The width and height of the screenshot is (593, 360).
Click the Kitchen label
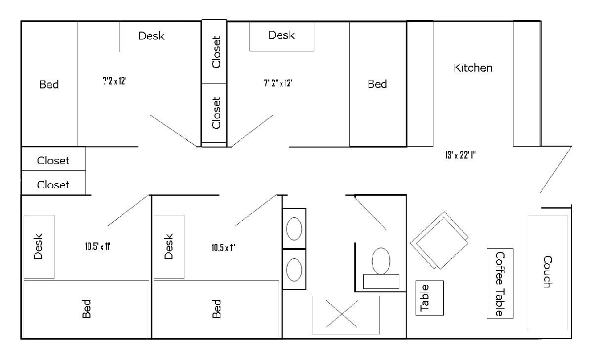[x=473, y=68]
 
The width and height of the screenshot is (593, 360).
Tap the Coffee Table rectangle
[x=500, y=283]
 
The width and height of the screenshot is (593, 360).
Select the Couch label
[x=548, y=272]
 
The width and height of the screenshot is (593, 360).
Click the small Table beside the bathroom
[x=429, y=298]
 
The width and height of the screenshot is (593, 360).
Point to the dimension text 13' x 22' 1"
[x=461, y=155]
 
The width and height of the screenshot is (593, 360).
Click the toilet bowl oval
[x=381, y=261]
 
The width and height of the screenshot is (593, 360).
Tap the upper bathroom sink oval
[x=294, y=229]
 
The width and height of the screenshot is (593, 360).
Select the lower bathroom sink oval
[x=294, y=270]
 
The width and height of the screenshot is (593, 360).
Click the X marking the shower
[x=342, y=314]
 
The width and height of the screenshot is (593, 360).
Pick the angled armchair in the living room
[x=439, y=240]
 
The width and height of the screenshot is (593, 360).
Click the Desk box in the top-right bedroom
[x=282, y=37]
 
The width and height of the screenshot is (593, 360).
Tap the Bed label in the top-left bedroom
[x=49, y=84]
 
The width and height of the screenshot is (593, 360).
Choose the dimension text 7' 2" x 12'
[x=278, y=83]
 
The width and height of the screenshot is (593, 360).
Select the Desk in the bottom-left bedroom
[x=39, y=247]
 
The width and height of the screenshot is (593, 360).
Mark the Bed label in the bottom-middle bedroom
[x=216, y=309]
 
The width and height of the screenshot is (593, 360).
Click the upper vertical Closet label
[x=216, y=52]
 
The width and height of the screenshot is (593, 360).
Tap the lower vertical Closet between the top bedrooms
[x=214, y=113]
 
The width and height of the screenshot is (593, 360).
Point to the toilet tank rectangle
[x=381, y=281]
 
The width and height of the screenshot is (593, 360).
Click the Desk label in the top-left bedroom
[x=151, y=36]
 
